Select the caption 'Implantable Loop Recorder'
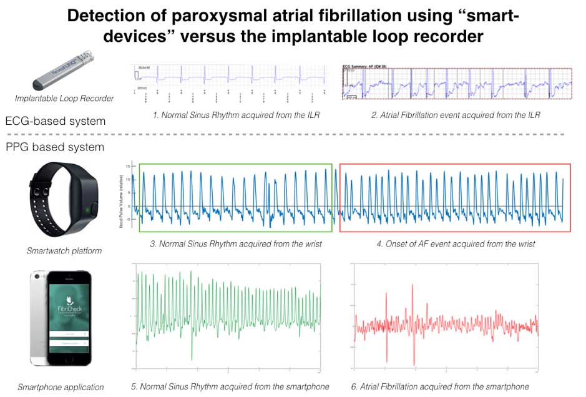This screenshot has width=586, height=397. (65, 98)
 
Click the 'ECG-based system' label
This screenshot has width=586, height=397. (56, 120)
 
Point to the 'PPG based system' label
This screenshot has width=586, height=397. (55, 147)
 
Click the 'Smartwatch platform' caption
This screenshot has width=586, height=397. (64, 251)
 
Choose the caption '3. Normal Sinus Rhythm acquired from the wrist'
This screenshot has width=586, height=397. (236, 243)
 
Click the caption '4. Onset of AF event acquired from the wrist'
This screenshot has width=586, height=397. (456, 243)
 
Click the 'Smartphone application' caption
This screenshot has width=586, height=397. (61, 387)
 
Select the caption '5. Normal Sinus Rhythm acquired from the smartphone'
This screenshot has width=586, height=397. (230, 386)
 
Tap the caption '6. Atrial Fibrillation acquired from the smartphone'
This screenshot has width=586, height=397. (440, 386)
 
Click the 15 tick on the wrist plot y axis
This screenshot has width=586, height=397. (127, 166)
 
